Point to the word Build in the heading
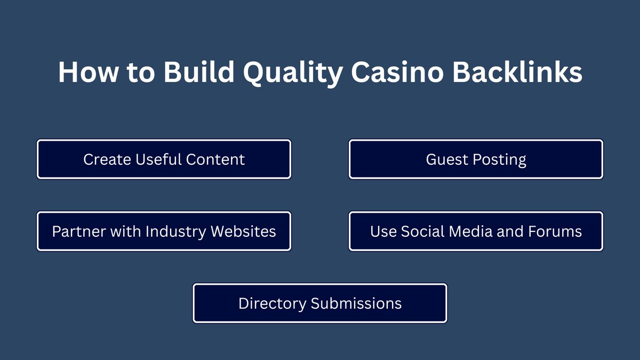[198, 72]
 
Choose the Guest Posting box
[476, 159]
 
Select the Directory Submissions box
[319, 303]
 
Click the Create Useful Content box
[164, 159]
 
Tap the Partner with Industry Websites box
[164, 231]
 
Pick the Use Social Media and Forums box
[476, 231]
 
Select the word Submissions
[356, 303]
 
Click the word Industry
[175, 232]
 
